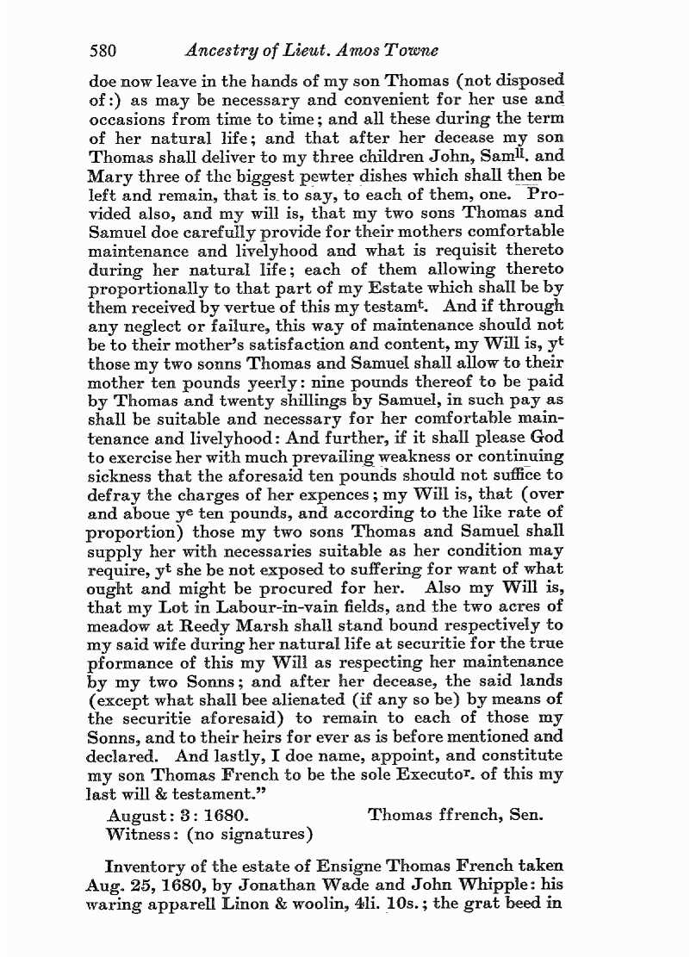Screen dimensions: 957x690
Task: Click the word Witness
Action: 141,834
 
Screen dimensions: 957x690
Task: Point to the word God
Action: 547,437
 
